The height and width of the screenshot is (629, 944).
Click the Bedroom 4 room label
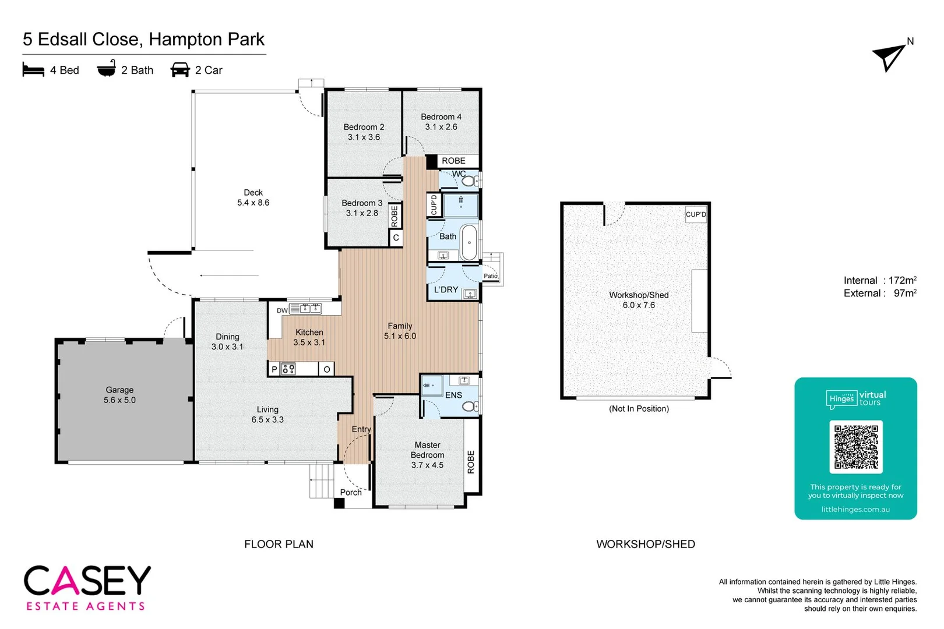pos(441,122)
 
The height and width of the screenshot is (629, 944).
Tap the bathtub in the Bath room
pos(469,242)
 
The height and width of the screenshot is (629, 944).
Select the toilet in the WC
pos(468,181)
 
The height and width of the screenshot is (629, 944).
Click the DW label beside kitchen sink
pos(282,310)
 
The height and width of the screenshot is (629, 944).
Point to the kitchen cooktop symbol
pos(288,369)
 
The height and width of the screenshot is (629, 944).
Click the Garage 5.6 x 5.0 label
pos(119,395)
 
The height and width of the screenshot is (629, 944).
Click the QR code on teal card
pos(855,447)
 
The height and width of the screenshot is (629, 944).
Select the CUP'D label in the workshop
pos(696,214)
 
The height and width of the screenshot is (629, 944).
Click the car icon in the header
pos(180,70)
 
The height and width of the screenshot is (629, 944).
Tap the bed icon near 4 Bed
pos(33,70)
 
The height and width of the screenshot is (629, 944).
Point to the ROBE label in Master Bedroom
pos(471,461)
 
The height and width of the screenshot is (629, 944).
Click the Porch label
pos(351,492)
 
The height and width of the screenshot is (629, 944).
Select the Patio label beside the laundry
pos(491,276)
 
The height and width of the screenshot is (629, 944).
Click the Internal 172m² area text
pos(879,281)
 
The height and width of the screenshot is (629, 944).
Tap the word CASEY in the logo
pos(87,581)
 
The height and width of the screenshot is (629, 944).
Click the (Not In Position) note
pos(639,409)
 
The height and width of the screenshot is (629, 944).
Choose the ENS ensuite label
pos(453,395)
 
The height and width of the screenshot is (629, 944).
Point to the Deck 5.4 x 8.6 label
pos(253,197)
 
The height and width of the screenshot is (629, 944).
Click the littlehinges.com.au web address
pos(855,510)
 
